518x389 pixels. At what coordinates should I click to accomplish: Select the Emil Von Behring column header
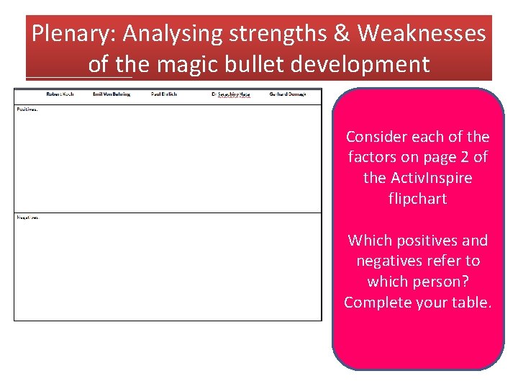112,94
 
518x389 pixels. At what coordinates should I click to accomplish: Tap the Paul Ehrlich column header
164,94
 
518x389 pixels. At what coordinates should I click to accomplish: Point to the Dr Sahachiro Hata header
230,94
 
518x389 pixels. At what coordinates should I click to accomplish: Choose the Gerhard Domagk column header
288,94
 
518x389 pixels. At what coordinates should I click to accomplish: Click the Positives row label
27,109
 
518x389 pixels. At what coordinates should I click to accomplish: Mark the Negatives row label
28,218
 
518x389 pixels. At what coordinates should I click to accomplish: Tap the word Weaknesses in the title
422,34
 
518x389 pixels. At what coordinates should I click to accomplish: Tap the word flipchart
417,198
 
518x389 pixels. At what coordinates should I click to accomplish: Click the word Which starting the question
367,241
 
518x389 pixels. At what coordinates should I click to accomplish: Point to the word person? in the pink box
440,282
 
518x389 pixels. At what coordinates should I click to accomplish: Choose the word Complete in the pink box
376,303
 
